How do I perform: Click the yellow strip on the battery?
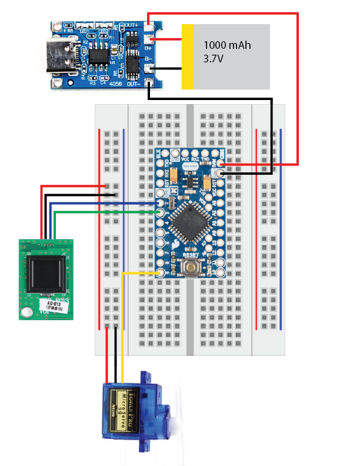(x=188, y=56)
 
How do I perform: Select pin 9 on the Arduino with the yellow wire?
(x=159, y=273)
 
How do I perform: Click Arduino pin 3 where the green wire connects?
(x=159, y=212)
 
